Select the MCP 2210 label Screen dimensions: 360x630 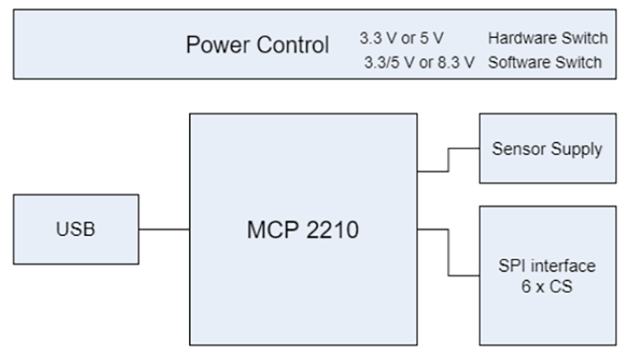point(302,229)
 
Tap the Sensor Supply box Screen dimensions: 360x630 point(546,148)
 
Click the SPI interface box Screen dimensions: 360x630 point(546,274)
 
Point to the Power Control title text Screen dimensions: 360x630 point(257,45)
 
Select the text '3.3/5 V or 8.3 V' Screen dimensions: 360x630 point(417,62)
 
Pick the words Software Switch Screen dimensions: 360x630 point(544,62)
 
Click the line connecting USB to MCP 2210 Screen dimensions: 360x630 point(164,229)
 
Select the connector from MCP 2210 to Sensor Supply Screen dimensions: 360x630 point(448,160)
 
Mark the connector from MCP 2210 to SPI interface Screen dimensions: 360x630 point(448,252)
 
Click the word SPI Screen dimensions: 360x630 point(512,265)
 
